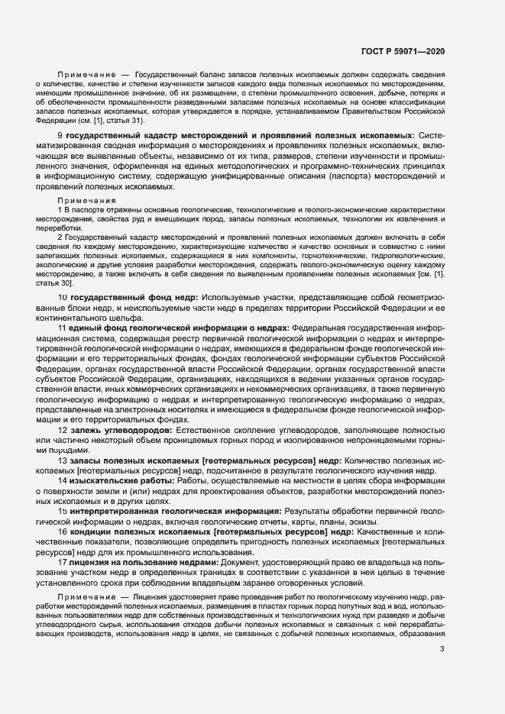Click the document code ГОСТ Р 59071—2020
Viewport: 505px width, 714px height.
pyautogui.click(x=404, y=52)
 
